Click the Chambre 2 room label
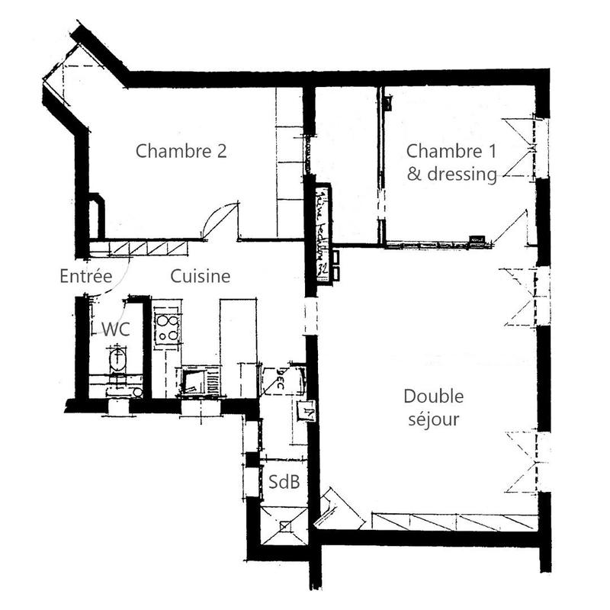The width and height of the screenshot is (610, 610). pyautogui.click(x=181, y=151)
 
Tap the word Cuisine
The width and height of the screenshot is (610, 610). pyautogui.click(x=200, y=276)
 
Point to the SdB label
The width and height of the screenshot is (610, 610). pyautogui.click(x=283, y=482)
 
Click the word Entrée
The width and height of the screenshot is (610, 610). pyautogui.click(x=86, y=276)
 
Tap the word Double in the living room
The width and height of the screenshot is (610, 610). pyautogui.click(x=433, y=396)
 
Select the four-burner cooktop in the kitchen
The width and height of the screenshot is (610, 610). pyautogui.click(x=167, y=326)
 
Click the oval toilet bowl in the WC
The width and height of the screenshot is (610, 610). pyautogui.click(x=117, y=359)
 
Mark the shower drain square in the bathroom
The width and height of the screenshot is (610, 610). pyautogui.click(x=284, y=525)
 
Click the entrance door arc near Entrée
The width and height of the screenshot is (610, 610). pyautogui.click(x=118, y=278)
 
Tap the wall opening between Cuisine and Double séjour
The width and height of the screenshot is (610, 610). pyautogui.click(x=310, y=316)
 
